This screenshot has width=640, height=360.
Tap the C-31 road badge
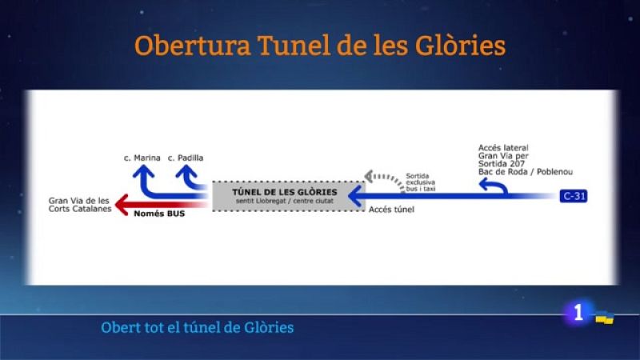tap(574, 195)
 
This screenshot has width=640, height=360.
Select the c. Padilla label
tap(186, 158)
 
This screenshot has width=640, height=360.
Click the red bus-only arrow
tap(160, 205)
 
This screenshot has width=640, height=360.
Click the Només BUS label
tap(158, 214)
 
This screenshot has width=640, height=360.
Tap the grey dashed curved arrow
tap(382, 178)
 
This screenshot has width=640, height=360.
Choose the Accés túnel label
tap(390, 210)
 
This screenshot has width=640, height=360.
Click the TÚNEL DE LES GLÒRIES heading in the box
tap(284, 193)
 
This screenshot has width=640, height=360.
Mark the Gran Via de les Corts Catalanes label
tap(78, 205)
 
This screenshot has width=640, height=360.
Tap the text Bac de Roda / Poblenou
tap(526, 172)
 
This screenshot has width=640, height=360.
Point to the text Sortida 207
tap(500, 164)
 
